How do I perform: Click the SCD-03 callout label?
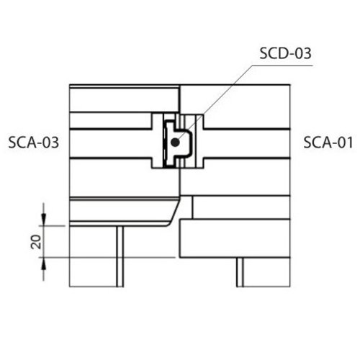285,53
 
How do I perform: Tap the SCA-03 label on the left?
34,143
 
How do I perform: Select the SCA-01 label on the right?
328,143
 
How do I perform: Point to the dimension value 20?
36,242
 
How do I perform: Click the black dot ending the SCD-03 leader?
175,143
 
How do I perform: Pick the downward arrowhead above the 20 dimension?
43,219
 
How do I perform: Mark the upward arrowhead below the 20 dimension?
43,264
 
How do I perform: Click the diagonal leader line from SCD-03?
215,104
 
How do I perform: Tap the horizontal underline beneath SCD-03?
283,65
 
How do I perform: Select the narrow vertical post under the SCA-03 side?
120,256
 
